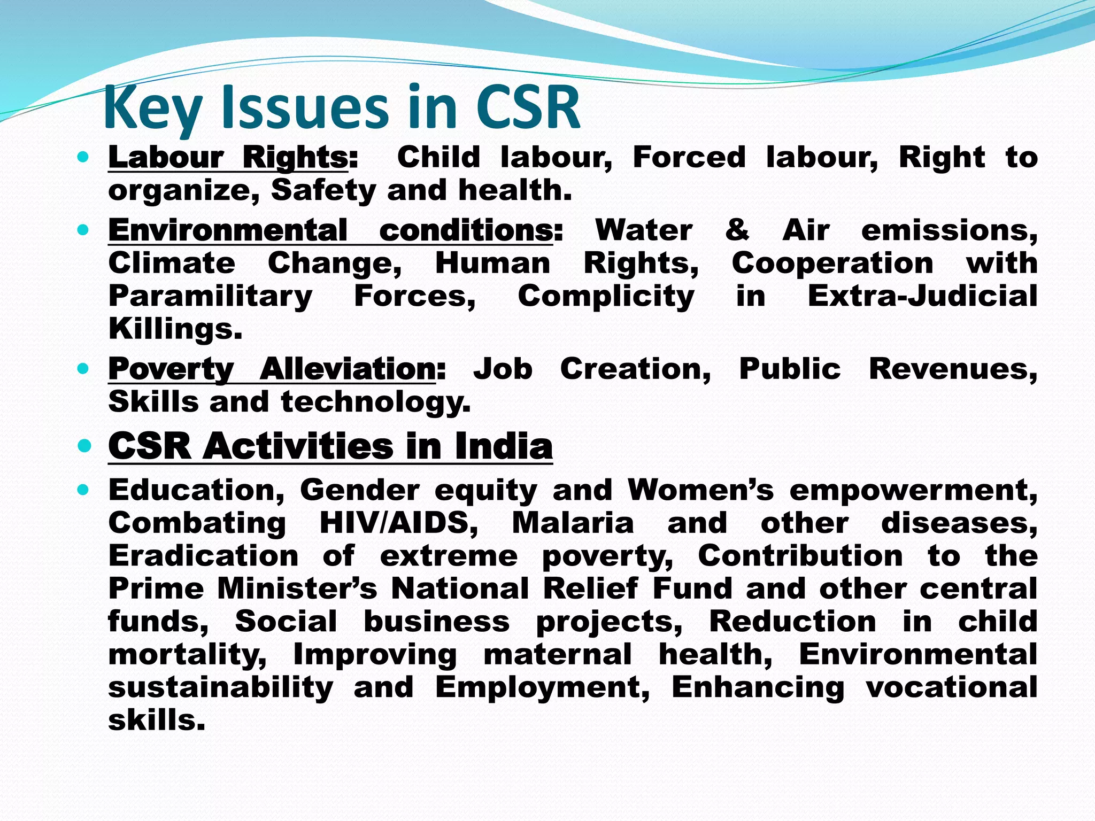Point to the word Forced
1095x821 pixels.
coord(689,157)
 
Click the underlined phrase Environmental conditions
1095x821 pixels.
coord(330,231)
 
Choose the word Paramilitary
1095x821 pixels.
coord(210,297)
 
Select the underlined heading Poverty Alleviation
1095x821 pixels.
coord(273,369)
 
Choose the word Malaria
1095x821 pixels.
coord(573,523)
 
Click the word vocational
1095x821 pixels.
coord(952,687)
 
